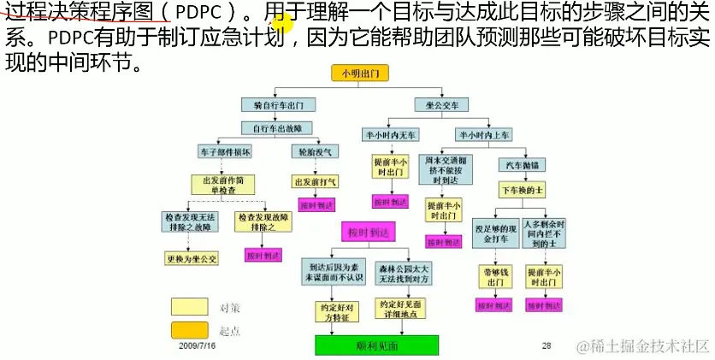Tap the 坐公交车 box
coord(442,105)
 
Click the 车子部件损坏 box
coord(225,151)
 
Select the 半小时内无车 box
coord(390,135)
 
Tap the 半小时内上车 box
coord(483,135)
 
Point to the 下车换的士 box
coord(523,187)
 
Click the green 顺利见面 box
coord(376,345)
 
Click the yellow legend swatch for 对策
coord(189,307)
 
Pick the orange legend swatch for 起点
coord(189,331)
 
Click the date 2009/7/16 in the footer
coord(198,348)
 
